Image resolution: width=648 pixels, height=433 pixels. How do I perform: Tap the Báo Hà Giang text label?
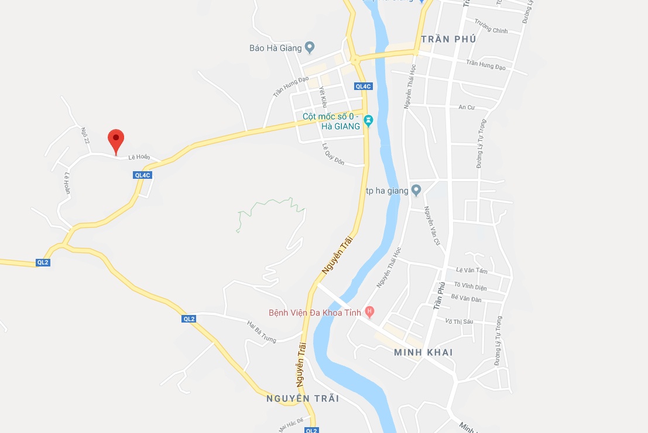click(x=275, y=48)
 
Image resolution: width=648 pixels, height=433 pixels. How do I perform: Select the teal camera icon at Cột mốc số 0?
click(x=368, y=121)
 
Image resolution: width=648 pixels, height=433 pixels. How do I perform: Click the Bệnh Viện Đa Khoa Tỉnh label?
click(x=314, y=313)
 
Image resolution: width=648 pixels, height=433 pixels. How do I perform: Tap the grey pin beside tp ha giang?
click(x=416, y=190)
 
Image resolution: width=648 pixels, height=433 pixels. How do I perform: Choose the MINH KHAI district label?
click(x=423, y=352)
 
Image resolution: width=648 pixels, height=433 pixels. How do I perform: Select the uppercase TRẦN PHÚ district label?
click(x=448, y=39)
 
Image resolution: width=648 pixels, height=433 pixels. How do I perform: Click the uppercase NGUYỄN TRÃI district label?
click(x=302, y=399)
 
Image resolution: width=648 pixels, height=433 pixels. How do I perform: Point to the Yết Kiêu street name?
click(x=321, y=97)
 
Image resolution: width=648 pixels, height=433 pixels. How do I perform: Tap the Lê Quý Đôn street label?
click(x=333, y=153)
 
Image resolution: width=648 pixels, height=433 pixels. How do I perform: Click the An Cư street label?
click(x=466, y=108)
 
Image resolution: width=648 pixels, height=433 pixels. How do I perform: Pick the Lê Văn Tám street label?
click(x=471, y=271)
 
